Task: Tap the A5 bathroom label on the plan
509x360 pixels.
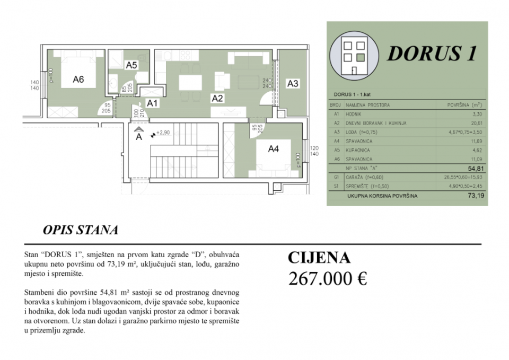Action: pyautogui.click(x=131, y=65)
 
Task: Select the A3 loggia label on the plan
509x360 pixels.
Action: pyautogui.click(x=293, y=83)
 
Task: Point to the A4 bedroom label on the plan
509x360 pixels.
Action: pyautogui.click(x=273, y=149)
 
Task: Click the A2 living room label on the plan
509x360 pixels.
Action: pyautogui.click(x=217, y=98)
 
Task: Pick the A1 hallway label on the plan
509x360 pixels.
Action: pyautogui.click(x=152, y=103)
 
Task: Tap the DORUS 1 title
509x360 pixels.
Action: pyautogui.click(x=432, y=53)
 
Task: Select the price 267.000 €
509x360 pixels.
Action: pyautogui.click(x=328, y=278)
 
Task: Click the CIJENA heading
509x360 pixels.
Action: pyautogui.click(x=319, y=258)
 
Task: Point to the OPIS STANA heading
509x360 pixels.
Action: pyautogui.click(x=80, y=231)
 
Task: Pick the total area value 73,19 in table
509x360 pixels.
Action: pyautogui.click(x=474, y=196)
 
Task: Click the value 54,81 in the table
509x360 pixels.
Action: pyautogui.click(x=474, y=168)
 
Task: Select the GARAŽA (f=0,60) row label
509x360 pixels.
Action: pyautogui.click(x=367, y=177)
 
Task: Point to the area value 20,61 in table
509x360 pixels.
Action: pyautogui.click(x=475, y=122)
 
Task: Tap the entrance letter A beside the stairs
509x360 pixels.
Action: pyautogui.click(x=138, y=136)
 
